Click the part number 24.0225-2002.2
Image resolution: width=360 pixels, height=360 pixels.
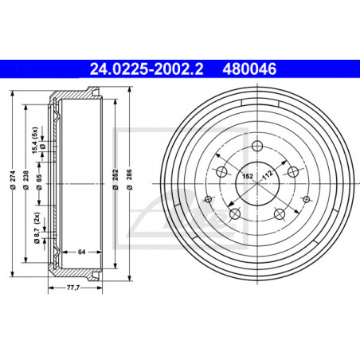tap(147, 69)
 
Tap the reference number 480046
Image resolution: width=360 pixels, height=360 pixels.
tap(249, 69)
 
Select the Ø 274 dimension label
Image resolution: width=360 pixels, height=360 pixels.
tap(13, 180)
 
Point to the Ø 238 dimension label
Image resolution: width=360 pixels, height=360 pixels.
tap(25, 180)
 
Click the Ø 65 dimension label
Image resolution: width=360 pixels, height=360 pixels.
tap(39, 182)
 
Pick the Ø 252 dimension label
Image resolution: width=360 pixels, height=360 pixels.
tap(115, 180)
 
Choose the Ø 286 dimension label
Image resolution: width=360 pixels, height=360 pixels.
tap(129, 180)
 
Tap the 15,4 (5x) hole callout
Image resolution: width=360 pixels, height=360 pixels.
tap(35, 140)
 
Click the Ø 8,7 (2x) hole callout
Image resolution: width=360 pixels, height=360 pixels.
tap(37, 228)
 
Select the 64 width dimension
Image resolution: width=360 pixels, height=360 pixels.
tap(81, 252)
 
